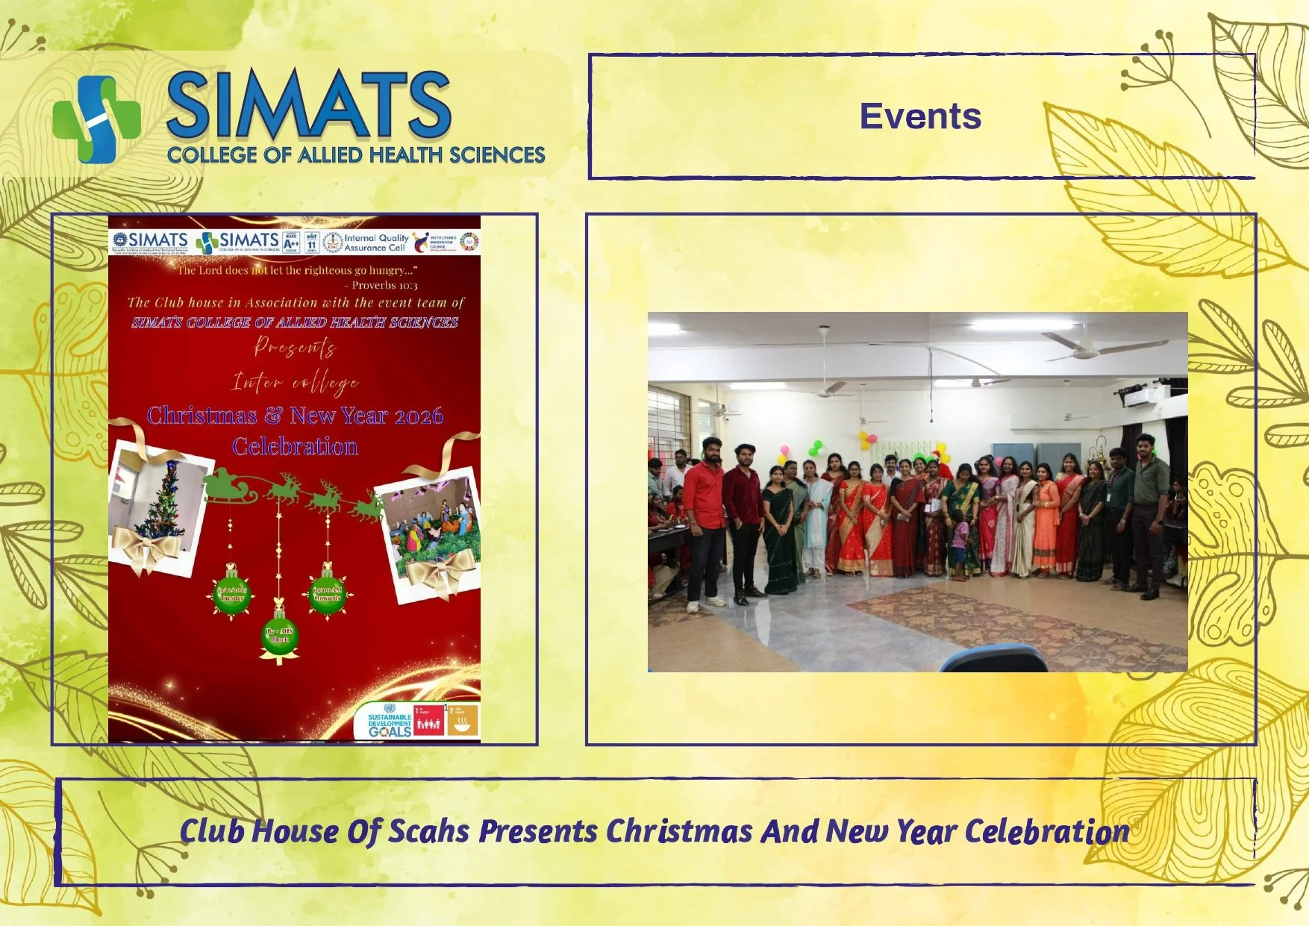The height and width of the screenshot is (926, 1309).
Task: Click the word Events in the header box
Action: coord(920,116)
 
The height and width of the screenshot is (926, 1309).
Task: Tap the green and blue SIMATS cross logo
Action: coord(96,119)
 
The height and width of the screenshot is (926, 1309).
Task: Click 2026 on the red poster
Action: coord(418,416)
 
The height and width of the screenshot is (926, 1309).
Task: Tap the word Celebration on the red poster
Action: coord(295,446)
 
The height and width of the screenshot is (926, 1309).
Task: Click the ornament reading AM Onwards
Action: coord(327,594)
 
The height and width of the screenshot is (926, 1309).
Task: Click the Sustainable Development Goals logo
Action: coord(390,721)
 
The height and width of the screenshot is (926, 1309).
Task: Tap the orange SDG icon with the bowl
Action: coord(463,721)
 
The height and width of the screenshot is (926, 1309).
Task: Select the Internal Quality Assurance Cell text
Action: coord(375,243)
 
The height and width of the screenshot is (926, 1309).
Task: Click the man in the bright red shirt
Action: coord(704,519)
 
